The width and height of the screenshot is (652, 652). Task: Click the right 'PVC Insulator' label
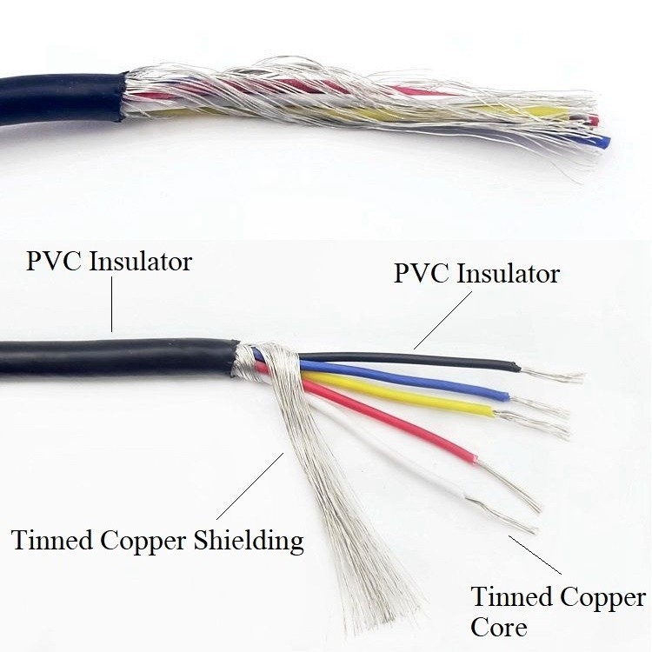(476, 274)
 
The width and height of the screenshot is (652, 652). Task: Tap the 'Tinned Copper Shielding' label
(157, 540)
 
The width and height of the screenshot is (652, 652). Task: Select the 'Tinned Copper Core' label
(557, 611)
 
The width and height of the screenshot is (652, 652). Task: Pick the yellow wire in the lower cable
(409, 396)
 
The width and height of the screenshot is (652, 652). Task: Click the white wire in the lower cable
(409, 461)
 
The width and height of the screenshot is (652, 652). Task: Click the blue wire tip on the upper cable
(605, 139)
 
